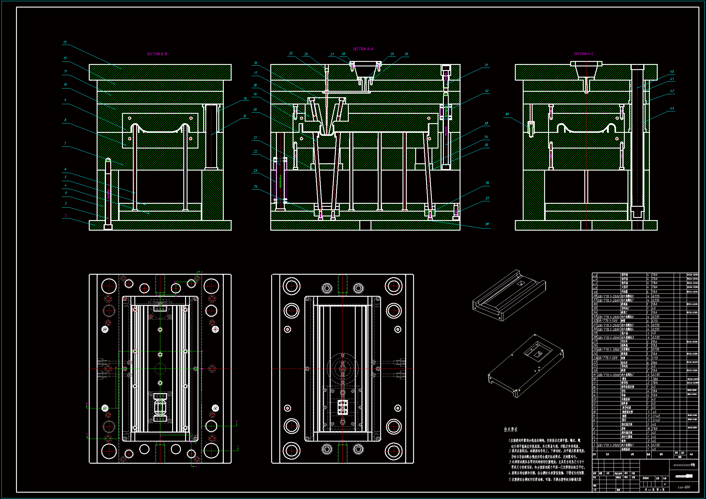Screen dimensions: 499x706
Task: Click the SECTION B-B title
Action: click(x=157, y=54)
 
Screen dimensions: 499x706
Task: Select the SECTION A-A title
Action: click(x=363, y=49)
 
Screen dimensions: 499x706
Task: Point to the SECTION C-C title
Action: click(x=583, y=54)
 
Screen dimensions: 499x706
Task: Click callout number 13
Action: click(x=65, y=42)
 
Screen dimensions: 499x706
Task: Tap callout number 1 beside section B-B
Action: click(x=66, y=215)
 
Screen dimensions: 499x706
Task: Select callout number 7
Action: click(x=65, y=144)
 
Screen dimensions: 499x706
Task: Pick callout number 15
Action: click(x=245, y=116)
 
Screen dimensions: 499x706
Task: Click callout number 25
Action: click(x=290, y=53)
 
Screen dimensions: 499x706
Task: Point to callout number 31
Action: click(x=486, y=65)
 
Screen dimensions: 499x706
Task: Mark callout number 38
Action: click(x=487, y=224)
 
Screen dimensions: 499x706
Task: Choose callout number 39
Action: click(x=507, y=114)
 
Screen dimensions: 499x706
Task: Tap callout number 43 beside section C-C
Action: click(x=672, y=108)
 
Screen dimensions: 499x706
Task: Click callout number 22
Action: click(x=255, y=152)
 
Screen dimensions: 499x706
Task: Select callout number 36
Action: click(x=487, y=183)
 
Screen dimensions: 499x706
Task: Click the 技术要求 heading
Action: click(x=510, y=430)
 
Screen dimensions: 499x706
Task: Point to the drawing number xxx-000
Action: click(x=684, y=487)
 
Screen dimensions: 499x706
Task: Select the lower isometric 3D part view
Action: click(x=526, y=366)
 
